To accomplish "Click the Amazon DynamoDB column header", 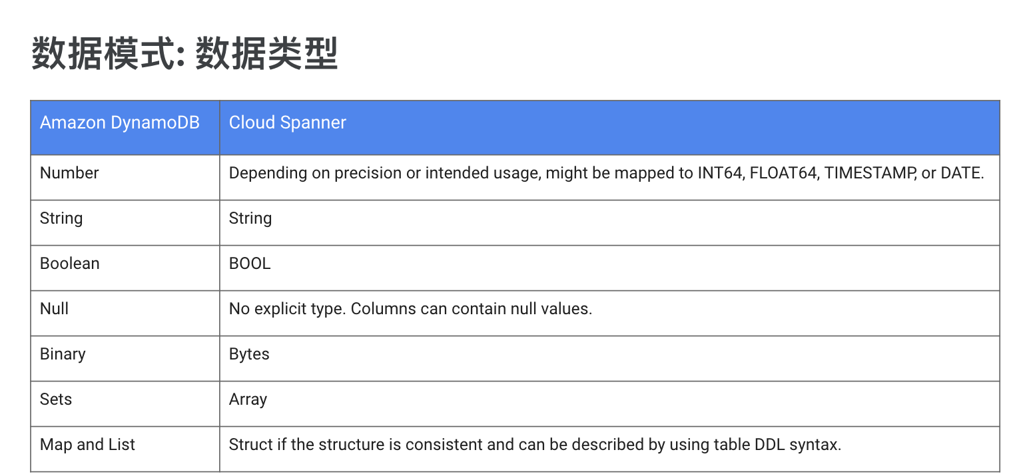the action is coord(120,123).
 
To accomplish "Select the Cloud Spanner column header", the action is coord(287,122).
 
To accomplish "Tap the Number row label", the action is coord(69,173).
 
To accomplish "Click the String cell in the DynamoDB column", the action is coord(61,218).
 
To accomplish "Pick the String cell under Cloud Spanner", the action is coord(250,218).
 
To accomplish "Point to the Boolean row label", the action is coord(70,264).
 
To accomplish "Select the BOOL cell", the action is coord(250,264).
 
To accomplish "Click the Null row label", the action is coord(54,309).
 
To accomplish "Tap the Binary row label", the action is coord(63,354).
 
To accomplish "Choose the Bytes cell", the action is coord(249,354).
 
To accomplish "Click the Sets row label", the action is coord(56,399).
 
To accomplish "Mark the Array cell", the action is coord(248,399).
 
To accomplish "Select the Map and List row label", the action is coord(87,445).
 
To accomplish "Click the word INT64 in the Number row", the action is coord(721,173).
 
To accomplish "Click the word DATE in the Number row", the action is coord(962,173).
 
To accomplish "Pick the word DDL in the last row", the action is coord(770,445).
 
